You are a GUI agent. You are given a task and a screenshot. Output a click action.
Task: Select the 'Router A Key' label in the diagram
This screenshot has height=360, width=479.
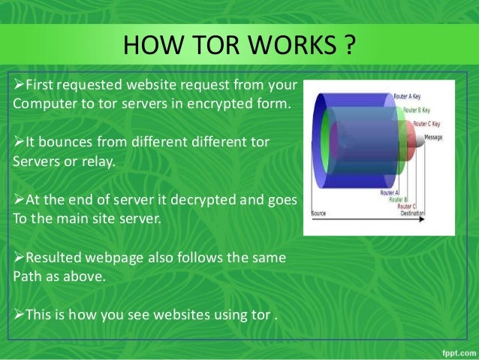[x=409, y=97]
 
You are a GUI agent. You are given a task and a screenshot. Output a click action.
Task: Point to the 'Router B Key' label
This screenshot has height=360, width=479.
[x=420, y=110]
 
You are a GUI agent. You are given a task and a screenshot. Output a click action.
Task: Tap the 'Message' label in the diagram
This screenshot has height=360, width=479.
[x=433, y=137]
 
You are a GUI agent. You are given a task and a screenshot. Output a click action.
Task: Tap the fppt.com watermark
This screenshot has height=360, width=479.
[x=453, y=351]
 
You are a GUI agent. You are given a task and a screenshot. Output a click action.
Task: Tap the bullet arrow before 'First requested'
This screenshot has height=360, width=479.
[x=20, y=83]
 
